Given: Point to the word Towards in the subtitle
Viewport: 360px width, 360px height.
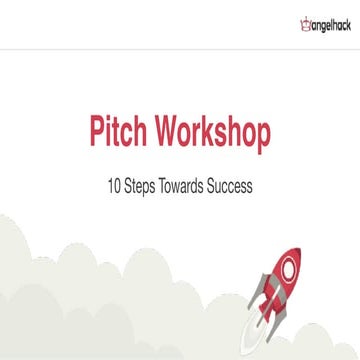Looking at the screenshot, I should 190,185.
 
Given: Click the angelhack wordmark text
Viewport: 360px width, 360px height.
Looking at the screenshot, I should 319,22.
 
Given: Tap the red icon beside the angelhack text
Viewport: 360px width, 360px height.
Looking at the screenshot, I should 278,21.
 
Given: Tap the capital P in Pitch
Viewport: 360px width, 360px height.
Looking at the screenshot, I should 96,135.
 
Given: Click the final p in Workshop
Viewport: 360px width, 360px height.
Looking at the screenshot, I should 263,138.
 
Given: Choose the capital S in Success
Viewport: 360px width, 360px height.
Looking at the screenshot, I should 219,185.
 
